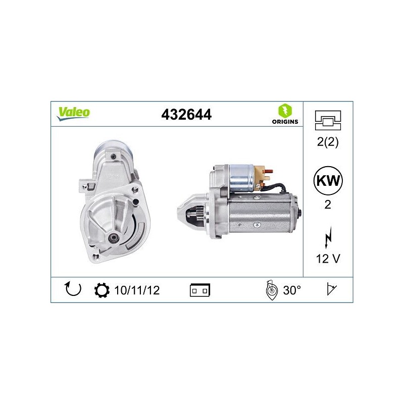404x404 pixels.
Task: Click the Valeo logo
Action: tap(73, 113)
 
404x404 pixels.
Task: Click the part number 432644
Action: tap(186, 115)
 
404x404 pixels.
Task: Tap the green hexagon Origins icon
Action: tap(285, 111)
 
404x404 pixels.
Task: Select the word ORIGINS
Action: tap(285, 122)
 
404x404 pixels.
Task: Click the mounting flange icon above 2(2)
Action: tap(328, 120)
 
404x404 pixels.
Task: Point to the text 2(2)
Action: tap(328, 142)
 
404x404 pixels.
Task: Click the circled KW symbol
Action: tap(328, 181)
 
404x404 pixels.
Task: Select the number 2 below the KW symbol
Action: tap(328, 205)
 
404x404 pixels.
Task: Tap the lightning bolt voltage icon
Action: tap(328, 238)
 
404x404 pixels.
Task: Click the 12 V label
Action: tap(328, 259)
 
